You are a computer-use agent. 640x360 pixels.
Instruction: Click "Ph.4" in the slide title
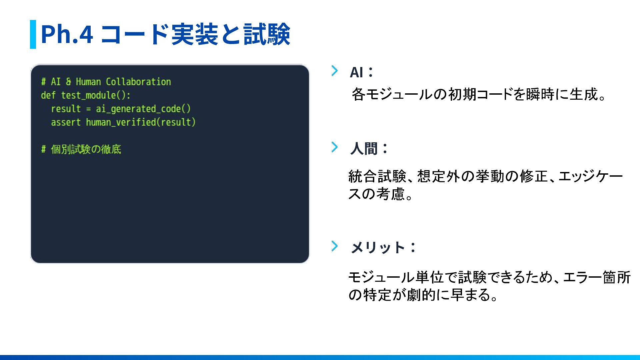(x=67, y=34)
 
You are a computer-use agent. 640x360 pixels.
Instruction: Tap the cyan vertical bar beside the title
(x=33, y=34)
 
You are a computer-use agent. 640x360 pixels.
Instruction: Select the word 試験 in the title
(x=267, y=34)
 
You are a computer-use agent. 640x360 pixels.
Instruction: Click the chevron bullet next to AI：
(x=334, y=71)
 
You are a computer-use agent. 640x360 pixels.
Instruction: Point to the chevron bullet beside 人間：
(x=334, y=147)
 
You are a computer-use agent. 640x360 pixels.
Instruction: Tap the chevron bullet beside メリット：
(x=334, y=246)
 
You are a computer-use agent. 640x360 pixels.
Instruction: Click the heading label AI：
(x=361, y=72)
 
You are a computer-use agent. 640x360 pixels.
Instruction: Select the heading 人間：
(x=369, y=149)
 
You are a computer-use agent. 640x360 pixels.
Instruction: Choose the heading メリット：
(x=383, y=248)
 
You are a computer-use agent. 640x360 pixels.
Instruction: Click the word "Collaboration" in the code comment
(x=138, y=82)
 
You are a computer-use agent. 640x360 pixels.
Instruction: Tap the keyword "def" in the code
(x=48, y=95)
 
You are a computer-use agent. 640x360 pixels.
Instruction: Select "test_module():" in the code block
(x=96, y=95)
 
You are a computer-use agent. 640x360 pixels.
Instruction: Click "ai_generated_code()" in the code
(x=143, y=109)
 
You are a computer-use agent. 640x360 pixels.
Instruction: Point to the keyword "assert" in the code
(x=66, y=122)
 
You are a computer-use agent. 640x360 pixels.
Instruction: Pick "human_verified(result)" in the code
(x=141, y=122)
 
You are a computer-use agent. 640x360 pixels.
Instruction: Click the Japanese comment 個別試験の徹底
(x=86, y=149)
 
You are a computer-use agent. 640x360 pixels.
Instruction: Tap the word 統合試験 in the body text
(x=377, y=176)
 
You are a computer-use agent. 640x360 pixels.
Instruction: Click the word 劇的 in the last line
(x=421, y=295)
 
